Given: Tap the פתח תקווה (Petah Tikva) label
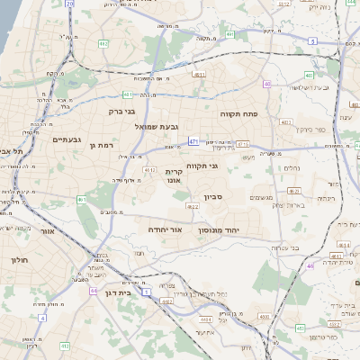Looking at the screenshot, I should [x=238, y=115].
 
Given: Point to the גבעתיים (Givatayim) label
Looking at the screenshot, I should [x=67, y=139].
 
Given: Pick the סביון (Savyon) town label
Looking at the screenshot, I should [x=213, y=196].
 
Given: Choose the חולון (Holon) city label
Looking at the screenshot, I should [x=20, y=260].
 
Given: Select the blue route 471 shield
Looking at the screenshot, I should [x=194, y=141].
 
